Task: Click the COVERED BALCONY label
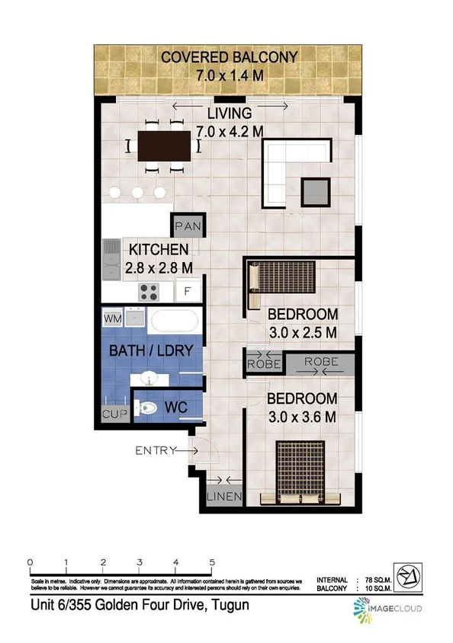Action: coord(229,56)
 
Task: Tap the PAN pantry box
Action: coord(187,226)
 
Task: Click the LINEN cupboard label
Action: coord(224,497)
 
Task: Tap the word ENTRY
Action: coord(156,451)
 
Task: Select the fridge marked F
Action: coord(188,290)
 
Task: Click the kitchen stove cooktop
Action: coord(149,290)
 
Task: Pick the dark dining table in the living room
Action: coord(163,146)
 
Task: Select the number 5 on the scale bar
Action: coord(211,564)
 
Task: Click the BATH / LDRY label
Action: coord(150,351)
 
